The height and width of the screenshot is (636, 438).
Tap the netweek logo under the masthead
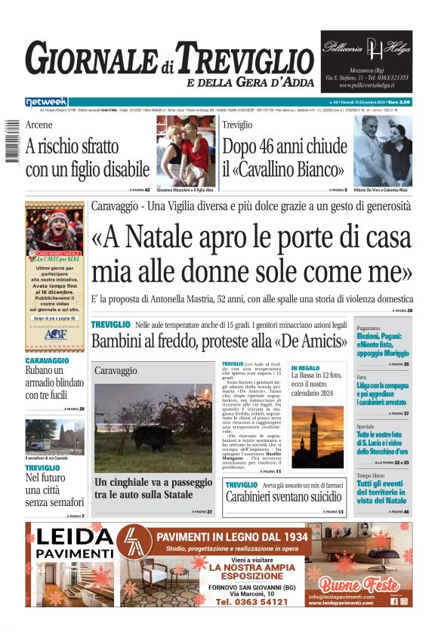[46, 101]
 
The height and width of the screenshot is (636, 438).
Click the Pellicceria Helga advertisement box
[366, 61]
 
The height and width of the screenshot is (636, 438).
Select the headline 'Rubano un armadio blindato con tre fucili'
[54, 384]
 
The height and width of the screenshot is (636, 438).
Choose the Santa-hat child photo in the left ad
[55, 226]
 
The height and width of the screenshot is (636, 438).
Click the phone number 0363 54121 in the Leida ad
[251, 602]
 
